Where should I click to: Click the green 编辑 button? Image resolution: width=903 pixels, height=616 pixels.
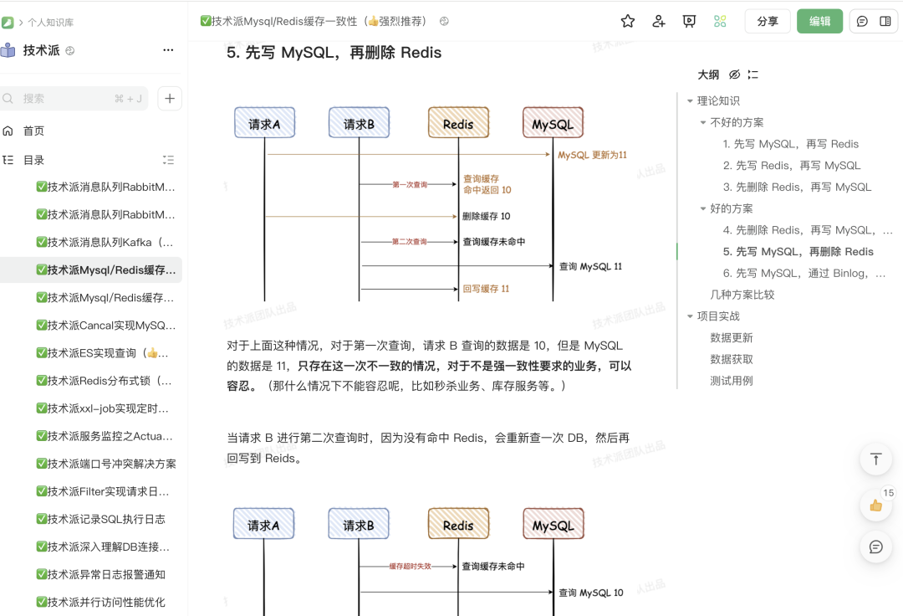(x=819, y=22)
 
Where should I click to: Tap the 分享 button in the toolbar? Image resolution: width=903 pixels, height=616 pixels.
(x=767, y=22)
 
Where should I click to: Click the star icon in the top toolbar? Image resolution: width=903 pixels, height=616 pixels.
(x=628, y=22)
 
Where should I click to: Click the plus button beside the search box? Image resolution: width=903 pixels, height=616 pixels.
(x=170, y=99)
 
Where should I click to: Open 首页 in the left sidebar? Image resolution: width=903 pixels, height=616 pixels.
(x=33, y=131)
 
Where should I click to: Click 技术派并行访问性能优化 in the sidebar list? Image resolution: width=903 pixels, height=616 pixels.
(x=106, y=602)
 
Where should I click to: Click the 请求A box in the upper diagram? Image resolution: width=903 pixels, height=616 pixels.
(x=264, y=123)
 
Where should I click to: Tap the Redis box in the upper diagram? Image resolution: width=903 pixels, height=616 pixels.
(x=458, y=123)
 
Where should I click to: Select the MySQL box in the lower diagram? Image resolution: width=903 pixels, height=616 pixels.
(x=553, y=525)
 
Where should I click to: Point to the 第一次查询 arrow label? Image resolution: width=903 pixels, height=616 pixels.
(x=410, y=184)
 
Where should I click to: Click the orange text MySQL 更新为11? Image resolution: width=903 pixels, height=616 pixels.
(x=592, y=155)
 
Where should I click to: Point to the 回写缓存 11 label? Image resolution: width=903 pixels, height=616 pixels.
(x=486, y=289)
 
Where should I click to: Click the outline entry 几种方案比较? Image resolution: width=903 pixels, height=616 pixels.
(x=742, y=295)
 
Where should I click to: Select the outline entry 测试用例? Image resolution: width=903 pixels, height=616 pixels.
(x=731, y=381)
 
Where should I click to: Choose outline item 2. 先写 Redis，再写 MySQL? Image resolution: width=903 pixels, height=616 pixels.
(x=791, y=166)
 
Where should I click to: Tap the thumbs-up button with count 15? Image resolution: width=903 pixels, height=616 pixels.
(x=875, y=505)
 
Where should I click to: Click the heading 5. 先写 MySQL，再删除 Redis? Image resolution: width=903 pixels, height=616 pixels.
(x=334, y=53)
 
